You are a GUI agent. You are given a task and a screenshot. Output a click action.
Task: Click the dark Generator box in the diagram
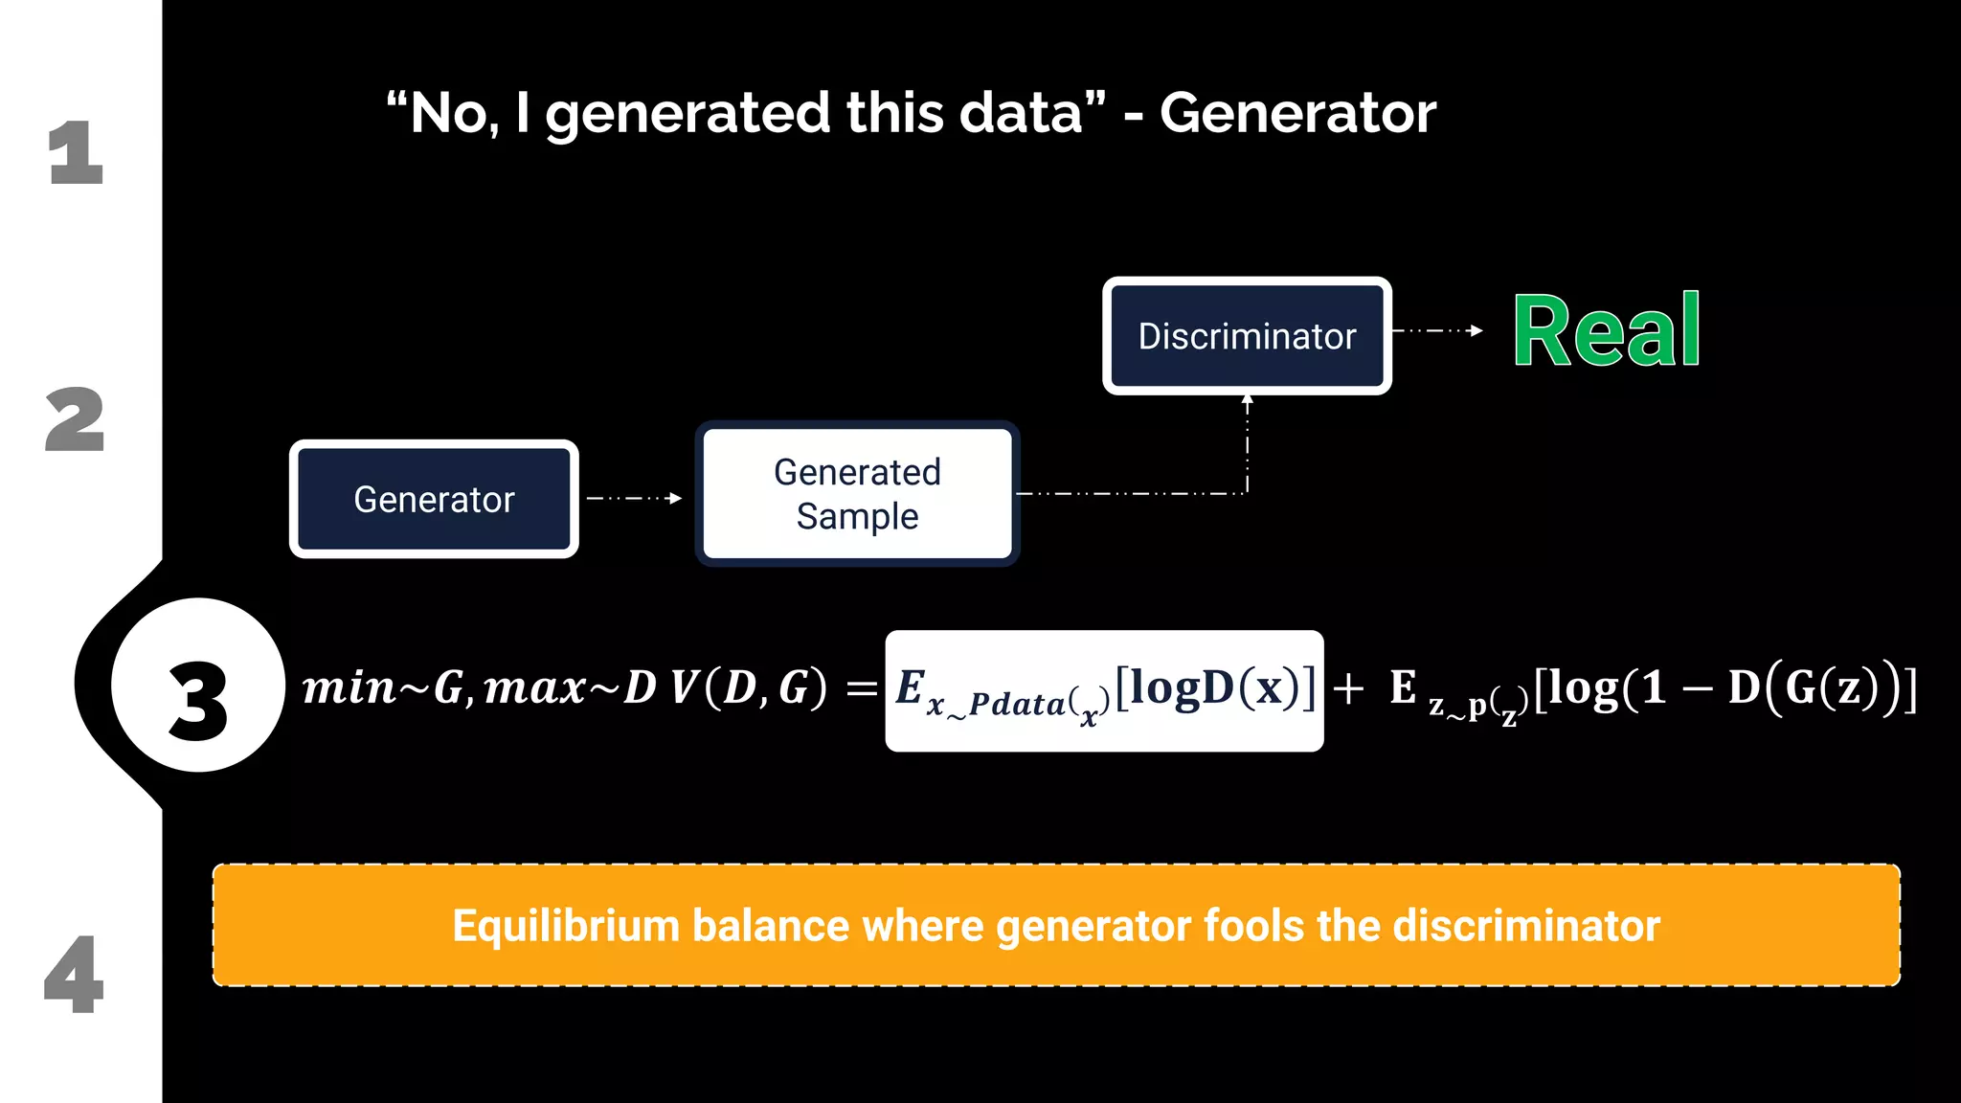(434, 499)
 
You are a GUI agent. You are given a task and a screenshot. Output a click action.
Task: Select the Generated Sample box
(857, 494)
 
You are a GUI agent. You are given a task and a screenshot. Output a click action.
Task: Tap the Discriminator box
(1247, 336)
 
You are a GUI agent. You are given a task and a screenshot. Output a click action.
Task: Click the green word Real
(1607, 331)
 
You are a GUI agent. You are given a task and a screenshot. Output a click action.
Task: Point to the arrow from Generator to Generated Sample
(634, 498)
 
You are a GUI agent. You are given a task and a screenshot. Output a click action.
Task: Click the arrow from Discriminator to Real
(1436, 330)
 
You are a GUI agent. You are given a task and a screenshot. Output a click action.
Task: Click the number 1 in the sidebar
(76, 152)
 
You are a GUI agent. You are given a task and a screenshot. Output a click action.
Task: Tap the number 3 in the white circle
(198, 702)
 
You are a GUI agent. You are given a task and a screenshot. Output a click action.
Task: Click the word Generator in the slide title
(1297, 113)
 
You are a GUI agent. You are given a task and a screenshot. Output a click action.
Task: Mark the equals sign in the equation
(862, 687)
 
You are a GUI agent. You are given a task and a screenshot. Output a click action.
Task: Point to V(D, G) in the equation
(748, 687)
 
